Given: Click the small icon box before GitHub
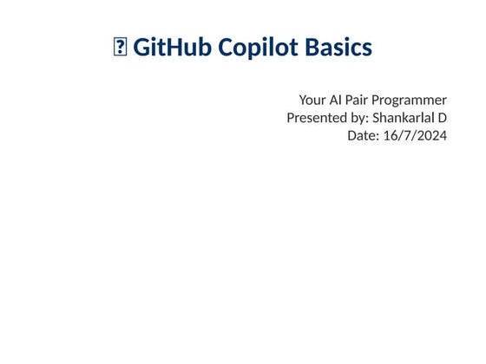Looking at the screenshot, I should tap(120, 49).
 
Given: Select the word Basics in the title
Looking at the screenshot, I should tap(338, 48).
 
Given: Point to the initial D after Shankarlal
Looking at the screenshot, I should tap(442, 118).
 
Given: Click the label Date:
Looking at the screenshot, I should tap(363, 135).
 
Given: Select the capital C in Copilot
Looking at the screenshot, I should tap(227, 48).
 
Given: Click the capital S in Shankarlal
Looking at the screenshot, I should tap(376, 118).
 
